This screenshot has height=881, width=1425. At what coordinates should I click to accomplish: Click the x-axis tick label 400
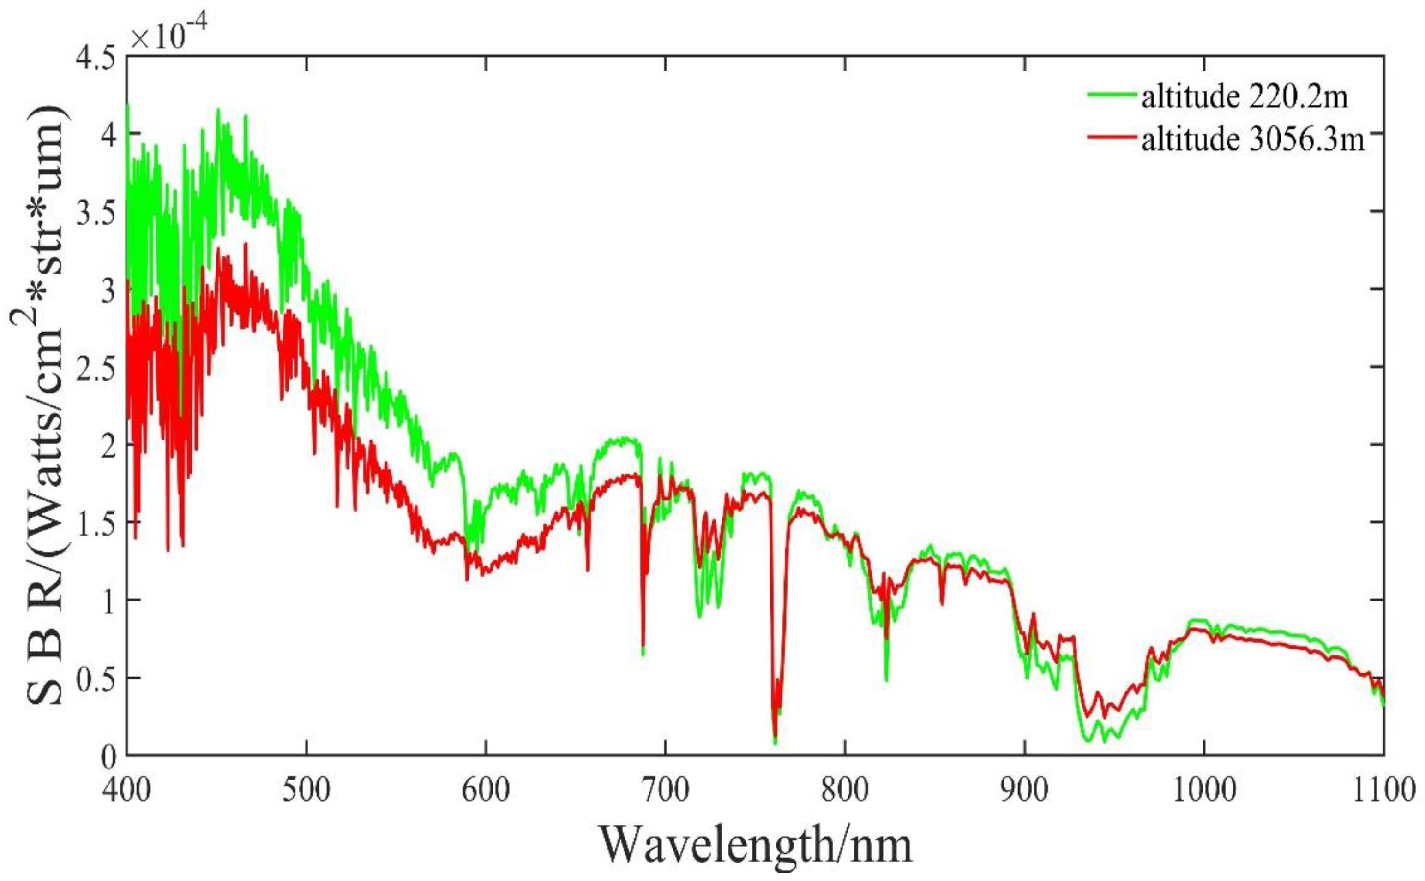[126, 791]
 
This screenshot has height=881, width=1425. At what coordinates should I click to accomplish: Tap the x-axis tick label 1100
[1383, 791]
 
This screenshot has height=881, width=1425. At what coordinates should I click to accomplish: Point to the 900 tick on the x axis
[1024, 791]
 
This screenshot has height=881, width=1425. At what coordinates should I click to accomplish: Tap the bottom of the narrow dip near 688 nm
[643, 653]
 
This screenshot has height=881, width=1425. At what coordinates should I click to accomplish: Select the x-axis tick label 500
[306, 791]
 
